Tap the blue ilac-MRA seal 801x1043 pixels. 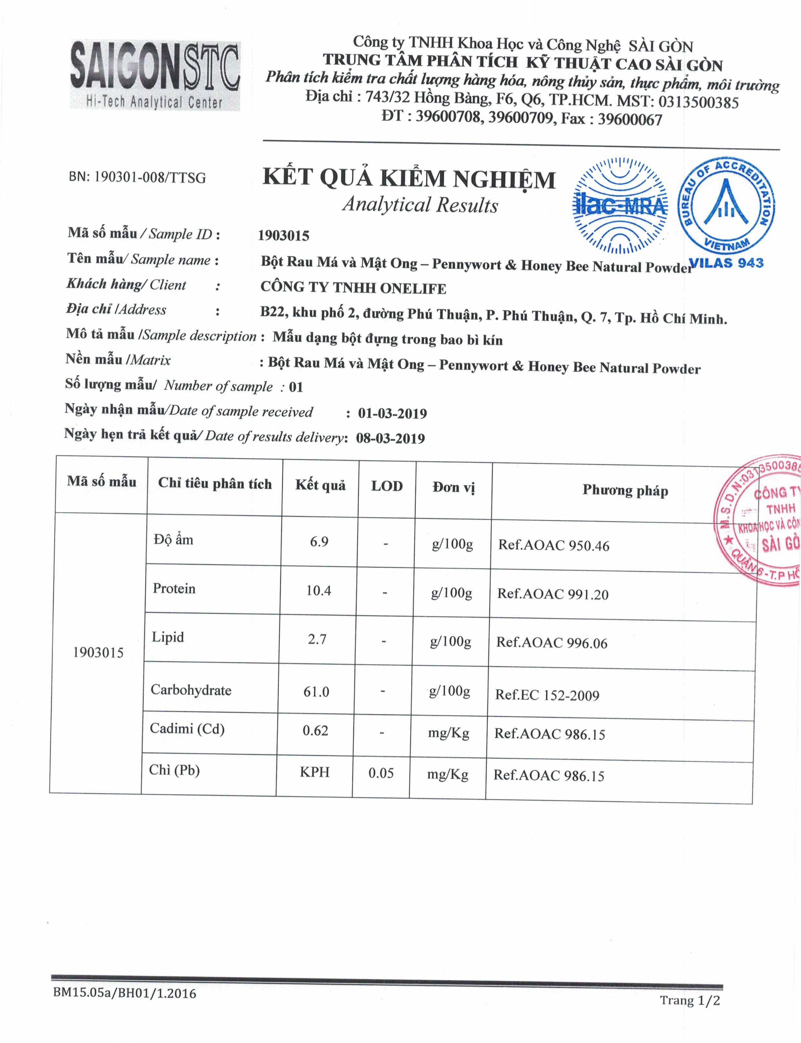[620, 205]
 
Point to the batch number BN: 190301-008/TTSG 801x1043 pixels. [137, 177]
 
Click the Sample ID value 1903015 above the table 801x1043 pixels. [283, 235]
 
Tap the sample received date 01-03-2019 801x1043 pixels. [392, 413]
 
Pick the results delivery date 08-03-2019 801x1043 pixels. [391, 438]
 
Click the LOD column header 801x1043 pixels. [387, 486]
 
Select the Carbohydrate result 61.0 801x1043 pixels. [316, 691]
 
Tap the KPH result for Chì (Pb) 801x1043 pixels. [315, 772]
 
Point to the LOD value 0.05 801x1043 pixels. [381, 773]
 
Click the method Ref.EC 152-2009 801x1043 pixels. [547, 695]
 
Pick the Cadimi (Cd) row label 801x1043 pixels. [187, 728]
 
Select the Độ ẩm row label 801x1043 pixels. [174, 540]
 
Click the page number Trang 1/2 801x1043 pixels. [690, 1000]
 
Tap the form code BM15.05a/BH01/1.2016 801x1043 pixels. [124, 993]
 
